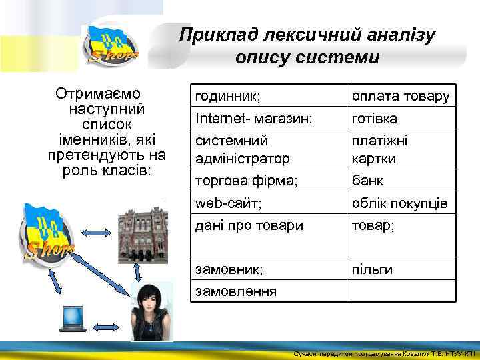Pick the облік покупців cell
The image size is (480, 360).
click(400, 203)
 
